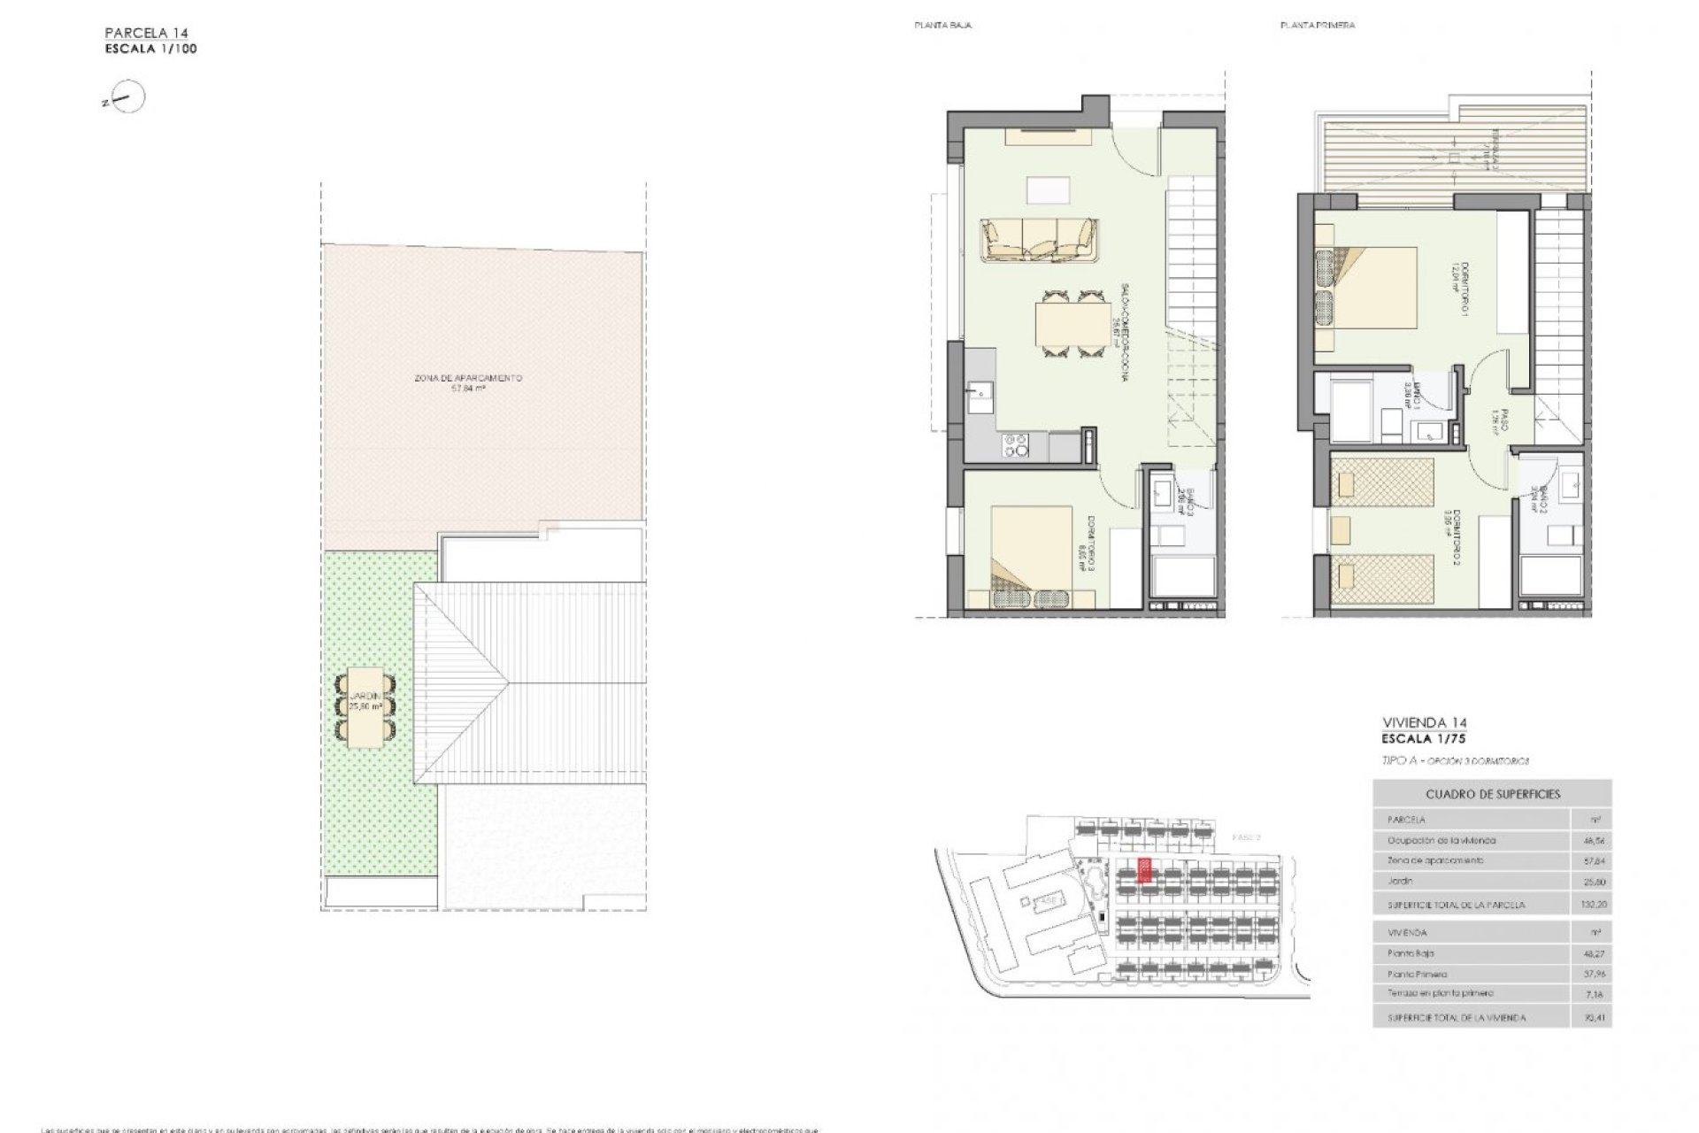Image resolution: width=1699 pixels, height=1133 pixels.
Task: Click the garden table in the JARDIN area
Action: [365, 706]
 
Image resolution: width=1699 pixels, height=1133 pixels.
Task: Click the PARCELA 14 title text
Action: [145, 34]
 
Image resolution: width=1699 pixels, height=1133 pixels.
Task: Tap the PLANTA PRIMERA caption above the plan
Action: [1317, 26]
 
